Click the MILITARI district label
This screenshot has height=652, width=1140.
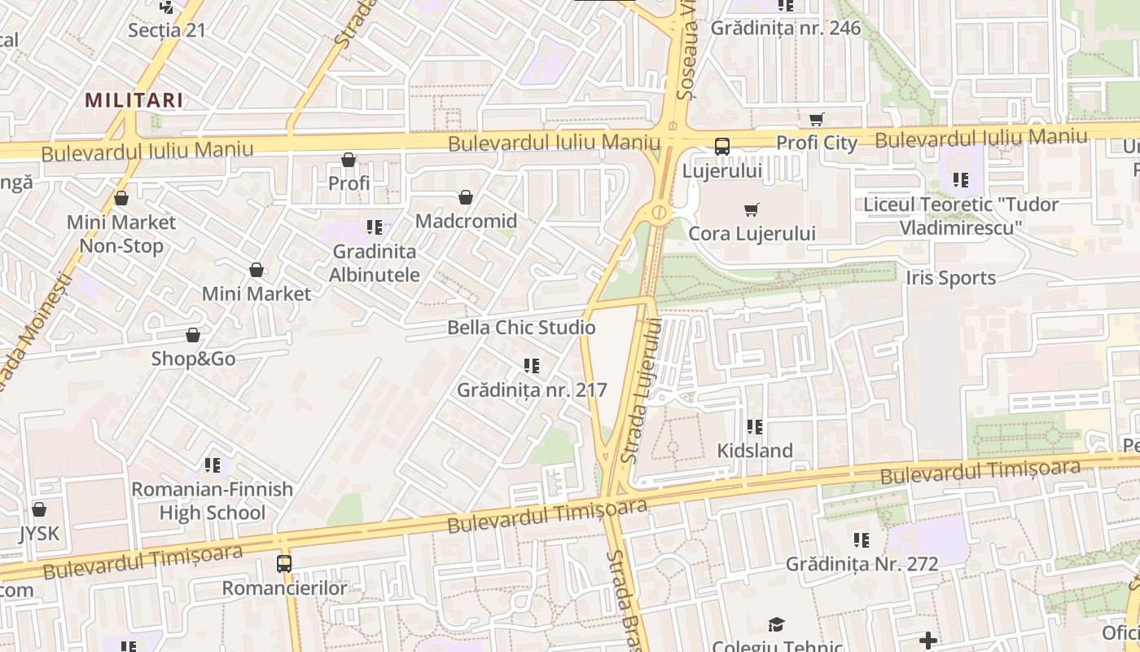point(134,100)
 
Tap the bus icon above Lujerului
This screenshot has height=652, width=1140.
point(721,147)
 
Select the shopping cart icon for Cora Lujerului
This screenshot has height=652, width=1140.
point(752,209)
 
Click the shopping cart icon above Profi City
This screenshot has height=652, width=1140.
point(817,119)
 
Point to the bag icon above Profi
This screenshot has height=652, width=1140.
point(349,160)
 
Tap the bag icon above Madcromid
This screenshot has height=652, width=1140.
point(466,197)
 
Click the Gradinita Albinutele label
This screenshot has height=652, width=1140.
point(375,262)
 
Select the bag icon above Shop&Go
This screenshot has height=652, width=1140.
point(193,335)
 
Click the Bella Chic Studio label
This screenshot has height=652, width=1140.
point(521,328)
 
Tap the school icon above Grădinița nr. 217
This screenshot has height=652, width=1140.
point(532,366)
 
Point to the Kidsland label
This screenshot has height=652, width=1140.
point(755,450)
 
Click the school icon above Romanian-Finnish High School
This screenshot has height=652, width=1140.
point(213,465)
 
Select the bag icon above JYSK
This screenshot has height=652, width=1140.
point(38,510)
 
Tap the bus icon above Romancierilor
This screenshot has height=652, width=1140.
point(284,563)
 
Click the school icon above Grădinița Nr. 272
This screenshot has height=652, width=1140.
point(862,540)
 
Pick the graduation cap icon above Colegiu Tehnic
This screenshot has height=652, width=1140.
point(776,624)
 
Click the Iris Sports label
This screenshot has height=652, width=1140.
point(950,278)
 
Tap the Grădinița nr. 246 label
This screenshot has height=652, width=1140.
point(785,29)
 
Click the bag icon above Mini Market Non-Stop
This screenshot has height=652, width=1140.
point(121,198)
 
